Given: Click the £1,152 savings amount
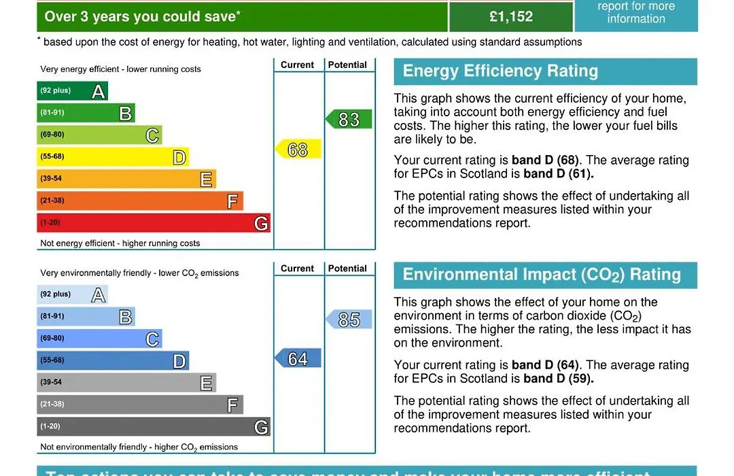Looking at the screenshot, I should pos(511,16).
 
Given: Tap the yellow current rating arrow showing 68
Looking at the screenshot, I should pos(298,149).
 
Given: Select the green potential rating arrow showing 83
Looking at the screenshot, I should pos(349,120).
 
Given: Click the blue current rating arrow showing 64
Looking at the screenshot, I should pos(298,358).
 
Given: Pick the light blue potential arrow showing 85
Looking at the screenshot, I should pos(349,319).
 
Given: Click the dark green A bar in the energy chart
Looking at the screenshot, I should pos(72,91).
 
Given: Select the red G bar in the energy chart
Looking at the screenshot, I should pos(153,223).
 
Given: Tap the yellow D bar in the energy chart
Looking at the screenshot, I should pos(112,157).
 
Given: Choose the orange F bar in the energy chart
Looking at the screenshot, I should pos(139,201).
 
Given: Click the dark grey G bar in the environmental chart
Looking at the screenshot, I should pos(153,426).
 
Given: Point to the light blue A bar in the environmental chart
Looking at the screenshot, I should pos(72,294).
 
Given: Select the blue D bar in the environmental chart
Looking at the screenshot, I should pos(112,360).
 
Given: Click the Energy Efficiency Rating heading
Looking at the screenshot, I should pos(500,71).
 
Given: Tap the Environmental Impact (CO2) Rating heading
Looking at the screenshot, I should pos(542,275).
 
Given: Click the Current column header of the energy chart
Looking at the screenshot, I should pos(298,65).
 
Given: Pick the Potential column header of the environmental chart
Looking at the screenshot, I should pos(347,269).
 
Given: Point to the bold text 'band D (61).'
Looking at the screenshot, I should pos(558,173).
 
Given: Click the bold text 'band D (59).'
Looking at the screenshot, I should pos(558,379).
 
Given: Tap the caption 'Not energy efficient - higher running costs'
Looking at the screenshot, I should pos(120,243).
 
